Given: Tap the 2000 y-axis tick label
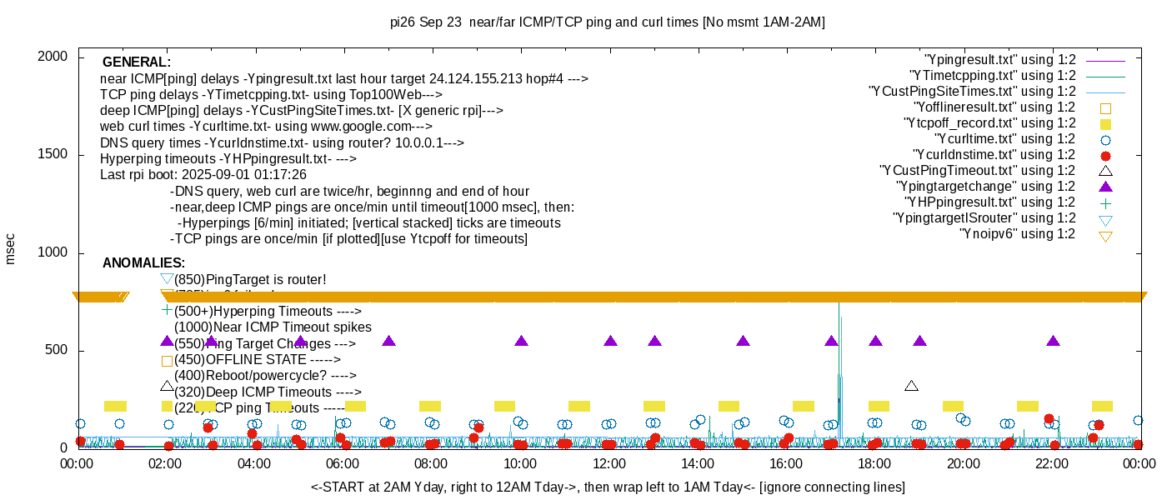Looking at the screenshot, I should point(57,57).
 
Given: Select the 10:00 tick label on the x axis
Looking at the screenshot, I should point(520,463).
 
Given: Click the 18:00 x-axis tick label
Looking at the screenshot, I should point(875,463).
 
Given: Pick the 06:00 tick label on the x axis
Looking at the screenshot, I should point(343,463).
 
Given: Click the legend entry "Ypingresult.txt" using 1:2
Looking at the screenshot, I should point(999,60).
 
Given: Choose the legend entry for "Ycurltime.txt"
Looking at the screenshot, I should point(1004,139).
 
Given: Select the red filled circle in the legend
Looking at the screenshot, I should point(1105,155).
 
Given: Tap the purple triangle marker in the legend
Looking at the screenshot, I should point(1105,186).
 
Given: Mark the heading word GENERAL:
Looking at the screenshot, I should point(137,62).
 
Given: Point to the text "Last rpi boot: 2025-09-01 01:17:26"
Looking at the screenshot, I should point(203,175).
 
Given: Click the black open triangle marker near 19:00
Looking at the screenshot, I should point(911,386).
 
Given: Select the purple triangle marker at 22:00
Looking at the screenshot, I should point(1053,341).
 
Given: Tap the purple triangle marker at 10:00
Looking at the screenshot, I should point(521,341).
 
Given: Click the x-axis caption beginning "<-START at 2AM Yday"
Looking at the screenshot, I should point(608,487).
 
